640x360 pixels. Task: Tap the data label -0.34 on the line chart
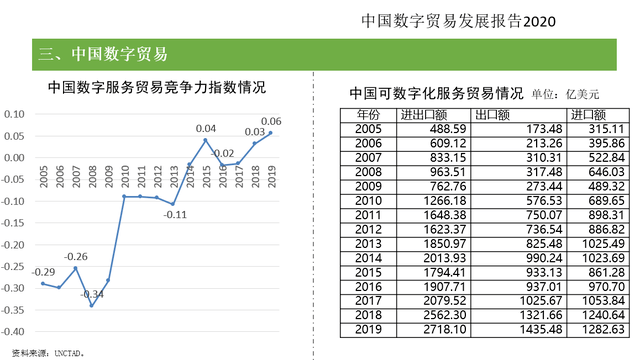[93, 294]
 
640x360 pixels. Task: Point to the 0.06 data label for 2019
[269, 122]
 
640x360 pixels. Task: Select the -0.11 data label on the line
[176, 214]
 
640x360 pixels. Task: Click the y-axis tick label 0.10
[17, 114]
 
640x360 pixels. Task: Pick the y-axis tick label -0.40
[15, 331]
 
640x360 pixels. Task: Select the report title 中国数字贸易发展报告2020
[460, 20]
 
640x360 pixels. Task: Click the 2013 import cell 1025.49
[601, 243]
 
